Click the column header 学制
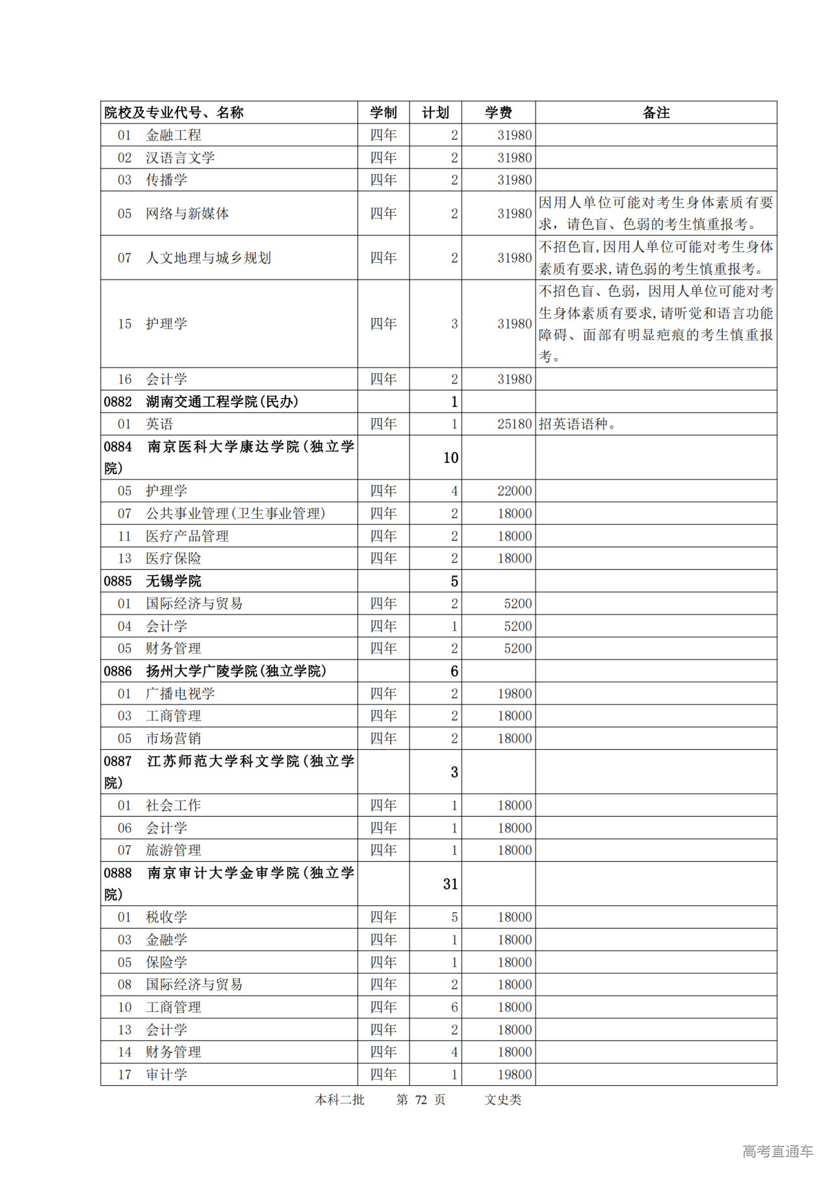click(383, 112)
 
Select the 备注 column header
click(656, 112)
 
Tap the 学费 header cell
click(499, 112)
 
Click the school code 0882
click(118, 402)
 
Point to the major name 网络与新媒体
click(187, 213)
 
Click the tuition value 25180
click(514, 424)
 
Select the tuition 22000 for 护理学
click(514, 491)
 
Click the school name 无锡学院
click(174, 581)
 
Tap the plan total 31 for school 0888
click(450, 884)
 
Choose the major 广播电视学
click(180, 693)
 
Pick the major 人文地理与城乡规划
click(208, 258)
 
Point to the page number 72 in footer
click(421, 1100)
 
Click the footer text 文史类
click(502, 1100)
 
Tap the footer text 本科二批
click(339, 1100)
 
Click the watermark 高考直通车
click(777, 1151)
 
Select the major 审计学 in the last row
click(166, 1074)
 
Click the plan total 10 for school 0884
click(450, 458)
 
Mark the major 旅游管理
click(174, 850)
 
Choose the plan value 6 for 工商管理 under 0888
click(454, 1007)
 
